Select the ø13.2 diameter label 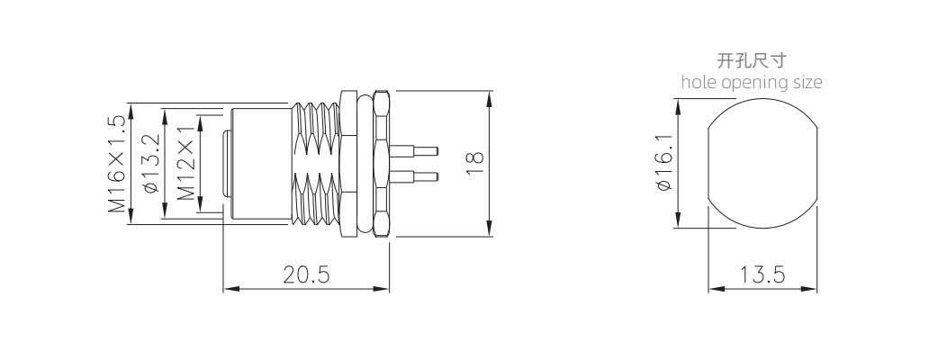(150, 164)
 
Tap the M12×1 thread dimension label (185, 164)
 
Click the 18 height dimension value (475, 163)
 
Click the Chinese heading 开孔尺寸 (752, 61)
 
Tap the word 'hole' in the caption (698, 82)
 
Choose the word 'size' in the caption (807, 82)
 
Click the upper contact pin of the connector (414, 149)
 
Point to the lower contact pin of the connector (414, 175)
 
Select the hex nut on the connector (381, 163)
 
